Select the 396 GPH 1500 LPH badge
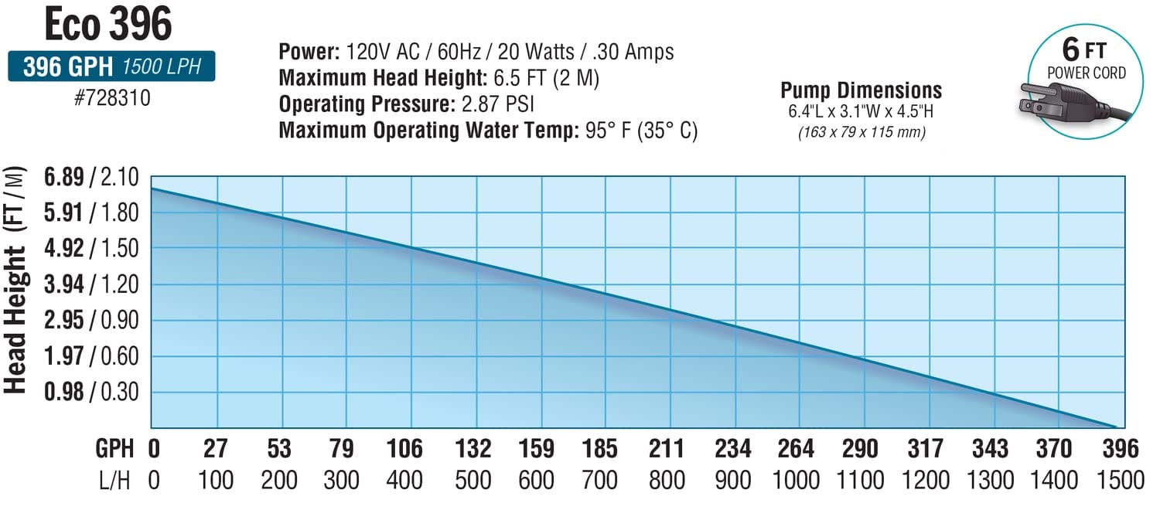(x=111, y=67)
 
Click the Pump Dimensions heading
(x=861, y=91)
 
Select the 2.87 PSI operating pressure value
(x=496, y=103)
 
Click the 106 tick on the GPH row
(x=404, y=448)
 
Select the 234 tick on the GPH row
(x=732, y=448)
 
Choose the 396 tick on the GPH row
(x=1121, y=448)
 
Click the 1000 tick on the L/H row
(x=797, y=481)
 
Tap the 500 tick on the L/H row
(x=472, y=481)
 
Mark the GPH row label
(x=114, y=448)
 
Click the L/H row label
(x=114, y=481)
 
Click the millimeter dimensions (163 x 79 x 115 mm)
(x=861, y=132)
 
